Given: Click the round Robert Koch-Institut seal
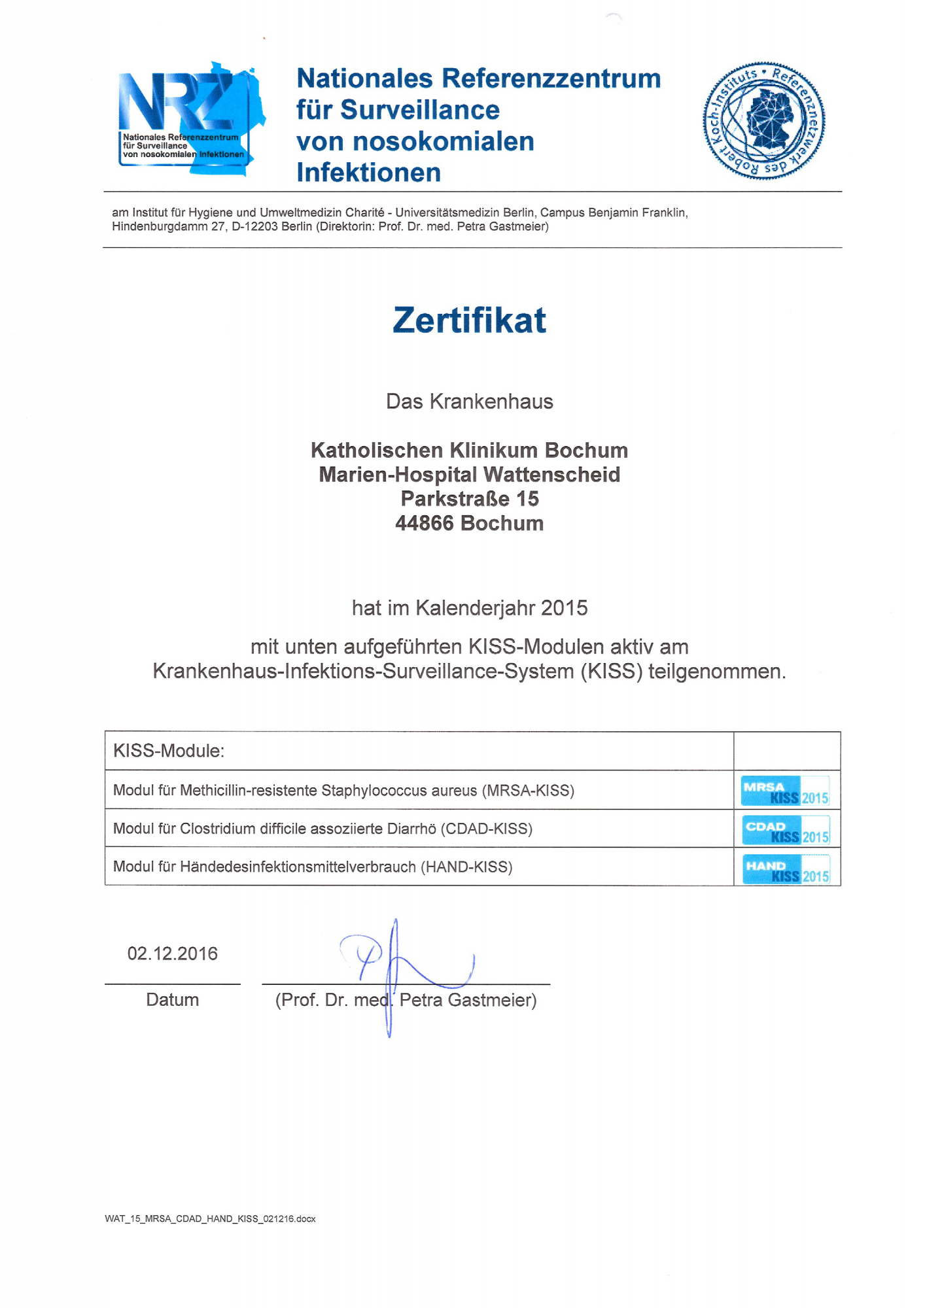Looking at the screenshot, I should point(764,121).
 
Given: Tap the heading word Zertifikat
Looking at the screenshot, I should point(469,320).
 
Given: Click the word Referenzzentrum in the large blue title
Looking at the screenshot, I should point(551,78).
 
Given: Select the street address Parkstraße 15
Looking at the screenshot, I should point(470,499).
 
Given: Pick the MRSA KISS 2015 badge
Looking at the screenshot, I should point(785,791).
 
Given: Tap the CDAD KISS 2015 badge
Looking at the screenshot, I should point(786,830).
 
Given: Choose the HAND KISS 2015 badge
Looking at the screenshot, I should point(786,869).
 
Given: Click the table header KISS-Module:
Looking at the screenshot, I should point(169,751).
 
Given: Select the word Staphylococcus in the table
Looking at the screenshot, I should point(372,791).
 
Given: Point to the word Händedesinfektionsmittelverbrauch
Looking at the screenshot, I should point(298,867).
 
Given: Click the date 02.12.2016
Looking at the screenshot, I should point(173,954).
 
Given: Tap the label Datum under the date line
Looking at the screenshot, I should point(173,999).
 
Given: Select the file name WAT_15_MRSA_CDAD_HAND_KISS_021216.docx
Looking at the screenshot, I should point(210,1219).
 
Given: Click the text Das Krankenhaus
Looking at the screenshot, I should point(469,402).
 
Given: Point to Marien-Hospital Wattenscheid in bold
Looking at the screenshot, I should point(469,475).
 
